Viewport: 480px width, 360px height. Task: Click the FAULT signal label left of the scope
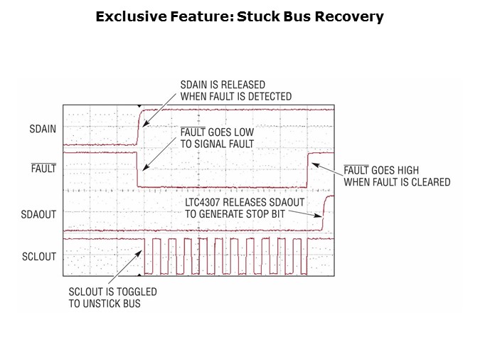[x=44, y=169]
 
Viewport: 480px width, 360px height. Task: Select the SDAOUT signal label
[x=41, y=213]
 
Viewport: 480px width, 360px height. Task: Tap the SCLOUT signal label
[x=41, y=256]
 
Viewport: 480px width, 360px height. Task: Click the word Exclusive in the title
[x=130, y=16]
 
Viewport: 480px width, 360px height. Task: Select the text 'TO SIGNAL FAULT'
[x=216, y=144]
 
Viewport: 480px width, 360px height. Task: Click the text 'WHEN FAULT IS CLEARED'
[x=397, y=182]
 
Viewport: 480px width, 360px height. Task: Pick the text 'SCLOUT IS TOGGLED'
[x=112, y=292]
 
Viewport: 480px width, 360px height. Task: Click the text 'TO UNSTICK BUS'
[x=105, y=304]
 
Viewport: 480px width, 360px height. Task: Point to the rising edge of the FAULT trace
[x=307, y=169]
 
